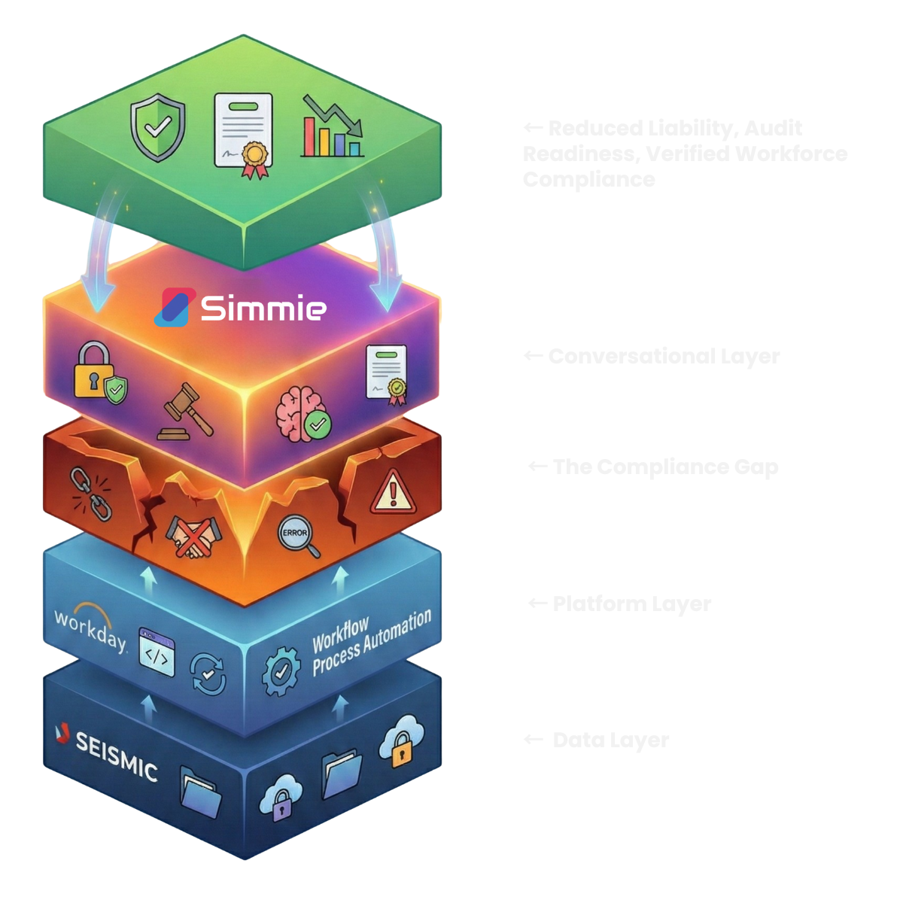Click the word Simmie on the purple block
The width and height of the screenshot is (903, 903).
point(263,308)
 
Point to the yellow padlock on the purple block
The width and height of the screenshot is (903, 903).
point(93,369)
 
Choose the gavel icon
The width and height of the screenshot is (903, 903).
point(185,412)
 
